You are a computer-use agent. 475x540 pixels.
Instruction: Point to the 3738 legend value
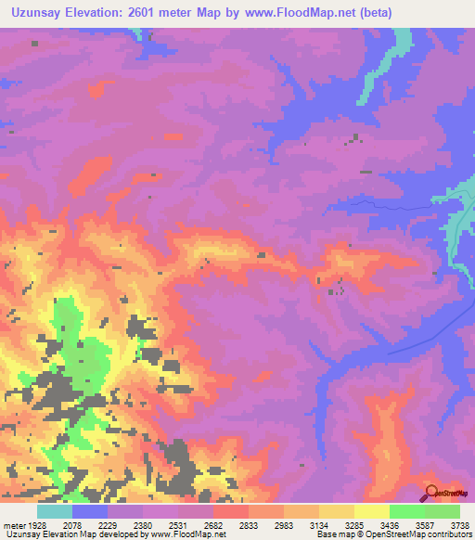(x=458, y=525)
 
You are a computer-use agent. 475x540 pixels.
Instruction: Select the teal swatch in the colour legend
(x=55, y=511)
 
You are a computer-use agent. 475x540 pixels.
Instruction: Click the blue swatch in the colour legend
(x=90, y=511)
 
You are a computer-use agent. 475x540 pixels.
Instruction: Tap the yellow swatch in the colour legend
(x=371, y=511)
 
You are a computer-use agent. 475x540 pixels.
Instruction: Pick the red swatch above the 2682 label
(x=230, y=511)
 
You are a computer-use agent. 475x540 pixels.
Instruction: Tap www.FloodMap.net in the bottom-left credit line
(x=193, y=535)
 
